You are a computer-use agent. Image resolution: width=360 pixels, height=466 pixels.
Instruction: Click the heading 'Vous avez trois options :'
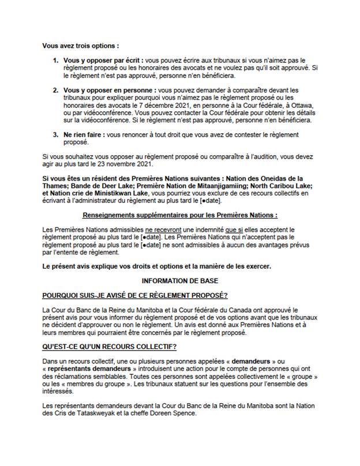coord(81,45)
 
